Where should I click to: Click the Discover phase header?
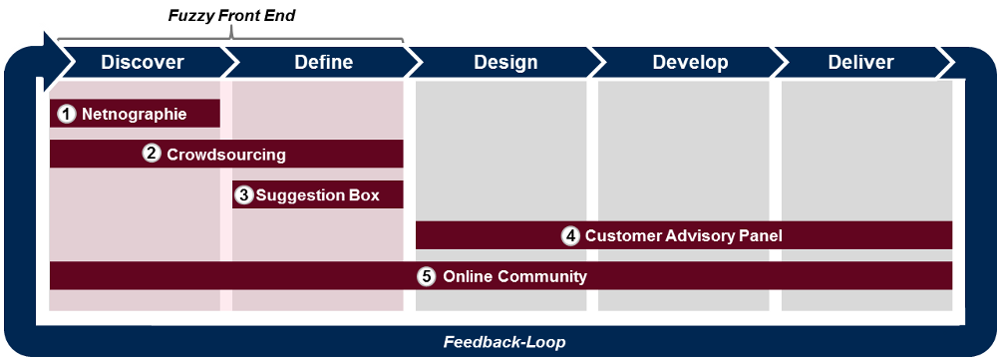click(x=143, y=63)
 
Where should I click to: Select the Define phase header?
click(x=324, y=63)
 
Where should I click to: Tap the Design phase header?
click(x=505, y=63)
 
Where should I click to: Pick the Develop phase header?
click(x=690, y=63)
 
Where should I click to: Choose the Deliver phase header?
click(x=861, y=63)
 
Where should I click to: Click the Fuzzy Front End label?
click(x=231, y=16)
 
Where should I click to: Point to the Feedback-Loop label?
click(x=504, y=342)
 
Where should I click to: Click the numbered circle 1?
click(x=66, y=114)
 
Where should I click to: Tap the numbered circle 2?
click(x=152, y=154)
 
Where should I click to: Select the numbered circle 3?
click(x=243, y=194)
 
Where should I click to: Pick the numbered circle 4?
click(x=570, y=235)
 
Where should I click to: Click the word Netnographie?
click(x=135, y=115)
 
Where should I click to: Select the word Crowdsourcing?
click(x=226, y=155)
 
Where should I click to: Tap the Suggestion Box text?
click(x=317, y=195)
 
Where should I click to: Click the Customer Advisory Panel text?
click(x=684, y=236)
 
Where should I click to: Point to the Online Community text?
click(x=514, y=277)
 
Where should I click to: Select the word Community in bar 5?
click(x=542, y=277)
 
